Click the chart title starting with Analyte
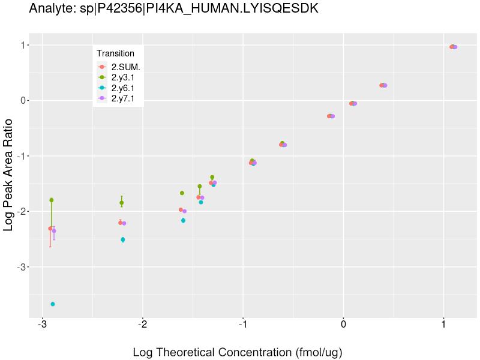point(173,9)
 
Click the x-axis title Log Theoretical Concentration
point(238,352)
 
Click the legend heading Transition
point(115,53)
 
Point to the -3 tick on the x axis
point(42,325)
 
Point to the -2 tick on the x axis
point(142,325)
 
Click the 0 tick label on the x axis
point(343,325)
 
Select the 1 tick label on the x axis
point(443,325)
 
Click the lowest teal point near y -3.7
point(53,304)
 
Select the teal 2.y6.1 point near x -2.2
point(122,239)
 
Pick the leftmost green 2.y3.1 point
point(52,200)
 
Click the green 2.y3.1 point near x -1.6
point(182,193)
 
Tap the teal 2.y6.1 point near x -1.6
point(183,221)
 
